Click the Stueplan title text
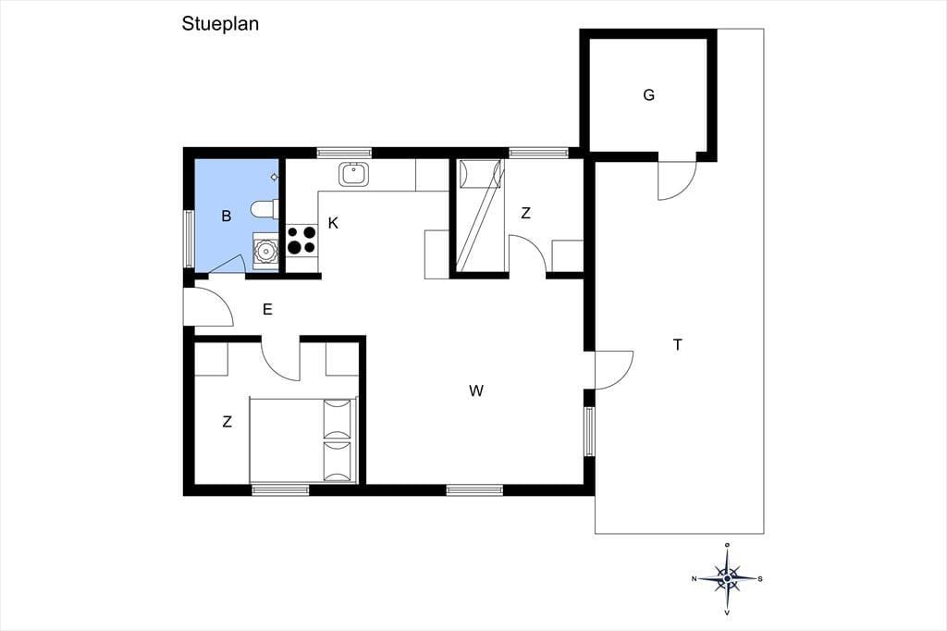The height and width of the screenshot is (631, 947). (x=220, y=24)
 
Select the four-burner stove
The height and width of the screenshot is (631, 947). (x=301, y=240)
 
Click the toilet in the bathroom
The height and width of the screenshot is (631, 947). (x=264, y=209)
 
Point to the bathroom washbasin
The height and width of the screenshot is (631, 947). (x=264, y=250)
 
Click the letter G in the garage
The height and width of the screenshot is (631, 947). (x=648, y=95)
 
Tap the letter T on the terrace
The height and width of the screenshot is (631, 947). (x=678, y=344)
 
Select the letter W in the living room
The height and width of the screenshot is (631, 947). (x=476, y=391)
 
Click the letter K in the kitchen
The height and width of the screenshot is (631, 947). (x=333, y=223)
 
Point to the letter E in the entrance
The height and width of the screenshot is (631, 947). (x=267, y=309)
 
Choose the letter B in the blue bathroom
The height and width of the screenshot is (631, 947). (x=227, y=216)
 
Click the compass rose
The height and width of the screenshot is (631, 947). (x=727, y=578)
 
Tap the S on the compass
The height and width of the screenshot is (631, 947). (x=760, y=579)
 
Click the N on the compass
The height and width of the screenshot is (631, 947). (x=695, y=579)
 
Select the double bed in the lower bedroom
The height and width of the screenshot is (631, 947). (x=303, y=440)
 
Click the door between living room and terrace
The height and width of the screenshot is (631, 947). (x=614, y=370)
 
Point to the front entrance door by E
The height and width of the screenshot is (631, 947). (x=208, y=307)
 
